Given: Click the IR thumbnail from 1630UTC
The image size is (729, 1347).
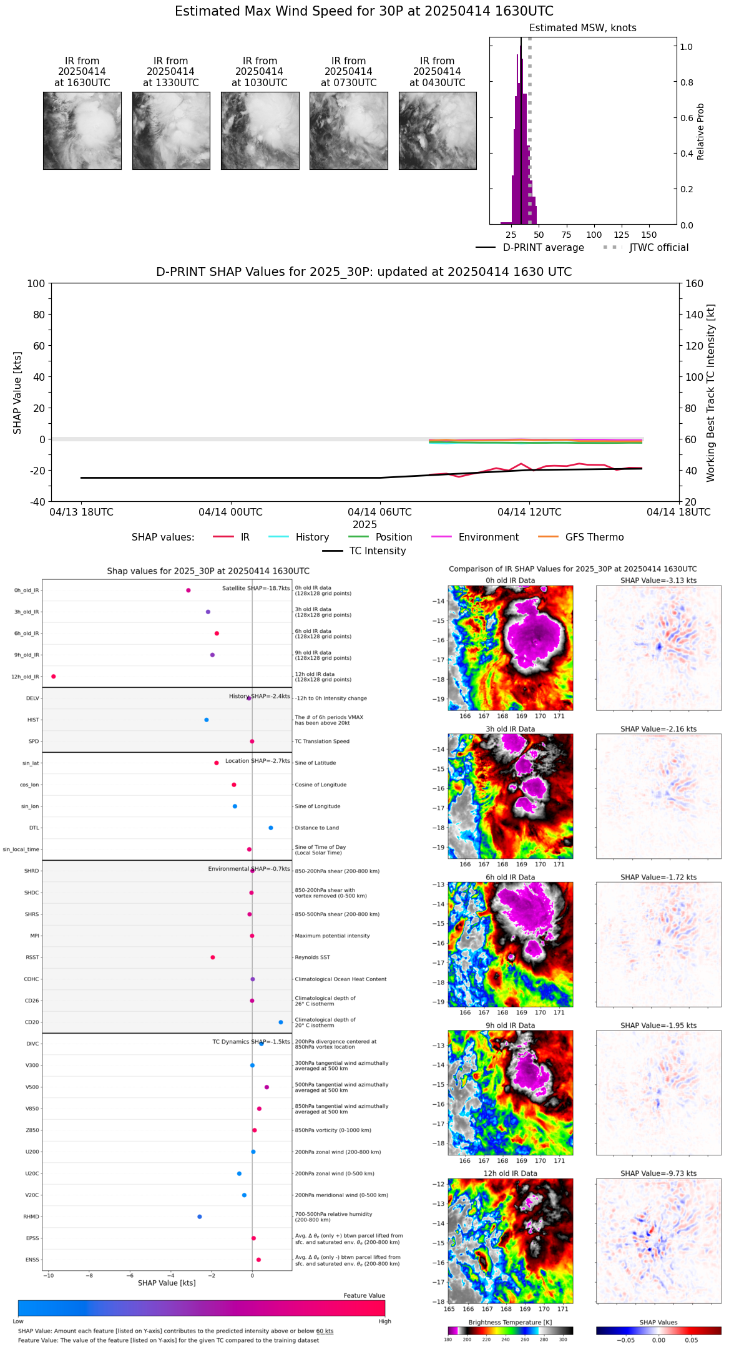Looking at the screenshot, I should click(82, 130).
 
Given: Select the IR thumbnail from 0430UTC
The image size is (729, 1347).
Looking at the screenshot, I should click(438, 130).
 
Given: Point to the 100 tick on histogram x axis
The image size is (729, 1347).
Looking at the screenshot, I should click(594, 235).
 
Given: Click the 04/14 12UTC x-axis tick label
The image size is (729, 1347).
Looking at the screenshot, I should click(529, 512).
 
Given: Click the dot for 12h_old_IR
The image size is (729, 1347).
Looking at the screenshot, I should click(54, 677).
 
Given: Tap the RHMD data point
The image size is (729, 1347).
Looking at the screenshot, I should click(200, 1217).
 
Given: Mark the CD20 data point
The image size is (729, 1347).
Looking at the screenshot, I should click(281, 1022).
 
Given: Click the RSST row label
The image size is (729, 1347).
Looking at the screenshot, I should click(32, 958).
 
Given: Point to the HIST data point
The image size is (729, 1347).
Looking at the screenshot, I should click(207, 720).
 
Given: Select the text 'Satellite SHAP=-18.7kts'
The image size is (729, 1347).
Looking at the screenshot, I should click(256, 589).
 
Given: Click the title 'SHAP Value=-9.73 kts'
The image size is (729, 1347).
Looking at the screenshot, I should click(658, 1173).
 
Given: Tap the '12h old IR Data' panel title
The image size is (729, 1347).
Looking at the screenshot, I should click(510, 1173).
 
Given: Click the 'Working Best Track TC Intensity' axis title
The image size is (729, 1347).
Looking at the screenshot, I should click(711, 393).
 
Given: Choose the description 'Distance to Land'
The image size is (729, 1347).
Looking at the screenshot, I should click(316, 828).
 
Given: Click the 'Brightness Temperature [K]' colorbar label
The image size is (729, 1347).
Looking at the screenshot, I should click(510, 1323).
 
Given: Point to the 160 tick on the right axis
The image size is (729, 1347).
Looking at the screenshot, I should click(695, 283).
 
